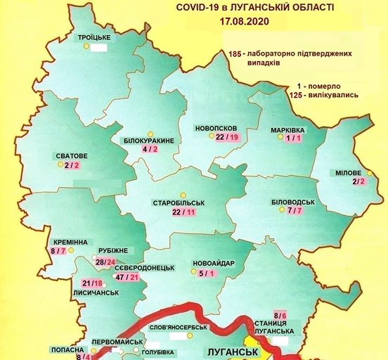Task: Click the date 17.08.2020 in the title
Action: click(247, 22)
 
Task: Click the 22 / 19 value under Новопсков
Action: click(228, 137)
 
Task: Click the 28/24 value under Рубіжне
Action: click(105, 262)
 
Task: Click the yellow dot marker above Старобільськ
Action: click(183, 195)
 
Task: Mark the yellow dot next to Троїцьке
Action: click(86, 46)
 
